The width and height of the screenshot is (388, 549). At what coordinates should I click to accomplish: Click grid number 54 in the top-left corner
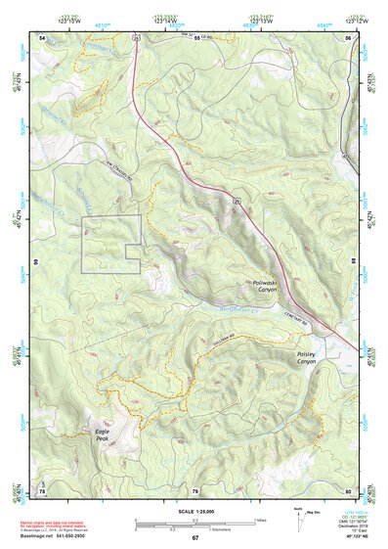click(42, 36)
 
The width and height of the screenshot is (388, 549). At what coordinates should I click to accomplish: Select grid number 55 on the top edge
click(196, 36)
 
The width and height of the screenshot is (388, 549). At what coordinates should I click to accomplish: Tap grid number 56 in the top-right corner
click(348, 36)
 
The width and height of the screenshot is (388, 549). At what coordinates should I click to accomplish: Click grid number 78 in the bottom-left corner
click(42, 490)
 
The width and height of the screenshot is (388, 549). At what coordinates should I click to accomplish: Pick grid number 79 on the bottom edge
click(194, 490)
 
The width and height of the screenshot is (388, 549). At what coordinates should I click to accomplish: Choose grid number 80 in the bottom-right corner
click(348, 490)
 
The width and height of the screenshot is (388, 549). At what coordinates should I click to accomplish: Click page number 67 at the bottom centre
click(194, 538)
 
